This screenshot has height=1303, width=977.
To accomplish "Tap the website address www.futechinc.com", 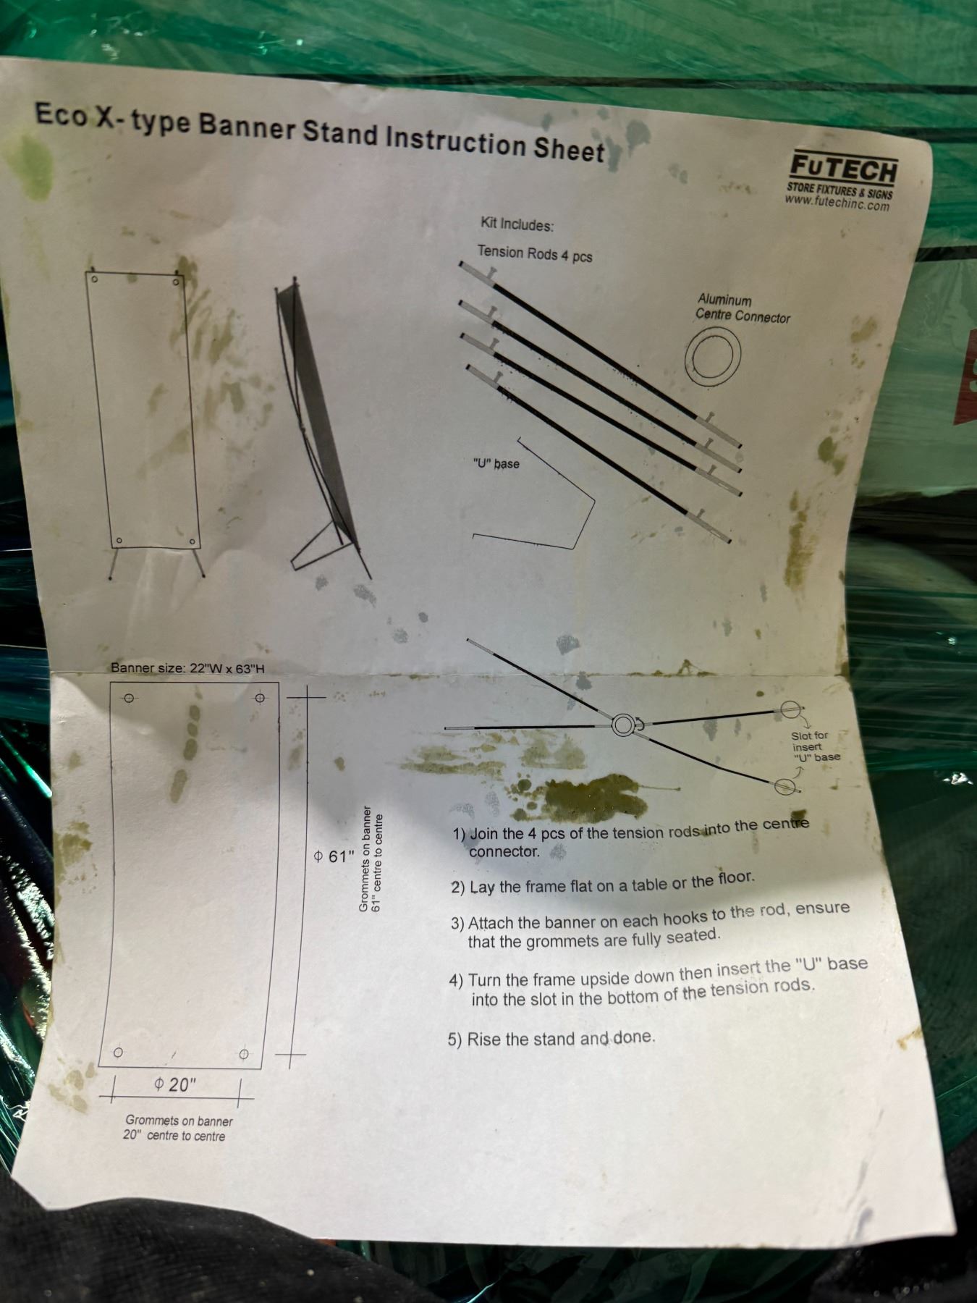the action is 837,203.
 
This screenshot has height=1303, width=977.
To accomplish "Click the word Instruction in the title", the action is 455,140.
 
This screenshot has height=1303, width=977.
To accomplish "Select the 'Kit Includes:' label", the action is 517,225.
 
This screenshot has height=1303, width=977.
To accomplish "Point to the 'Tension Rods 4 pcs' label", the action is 534,254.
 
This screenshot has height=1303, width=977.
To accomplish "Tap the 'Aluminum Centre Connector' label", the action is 743,308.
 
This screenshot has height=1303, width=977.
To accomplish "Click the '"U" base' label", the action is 496,463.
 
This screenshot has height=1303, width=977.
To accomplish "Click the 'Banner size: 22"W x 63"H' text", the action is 187,668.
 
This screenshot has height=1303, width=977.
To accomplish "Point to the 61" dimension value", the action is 334,857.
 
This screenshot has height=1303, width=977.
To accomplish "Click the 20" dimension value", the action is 174,1084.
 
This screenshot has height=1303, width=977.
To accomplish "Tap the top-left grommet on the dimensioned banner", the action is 129,699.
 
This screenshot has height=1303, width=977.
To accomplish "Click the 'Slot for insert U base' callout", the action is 815,746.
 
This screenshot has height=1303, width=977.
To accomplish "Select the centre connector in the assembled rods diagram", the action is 623,725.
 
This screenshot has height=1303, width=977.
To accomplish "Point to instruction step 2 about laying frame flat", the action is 602,883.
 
